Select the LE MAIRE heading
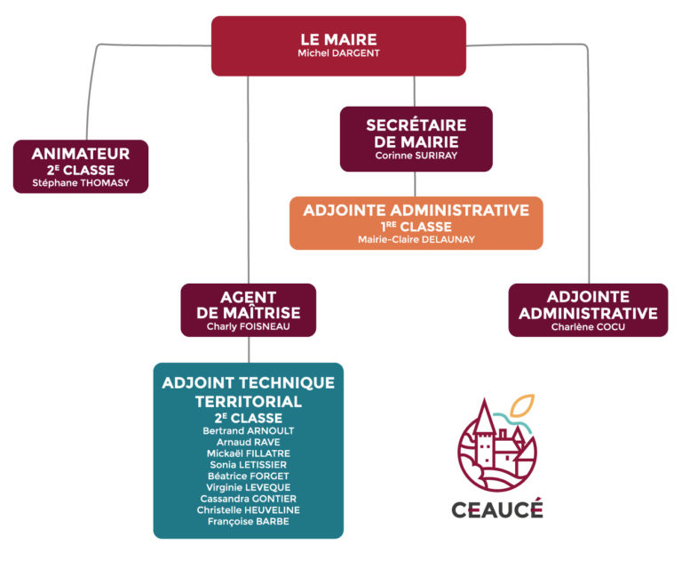(x=337, y=40)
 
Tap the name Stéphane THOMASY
(x=81, y=183)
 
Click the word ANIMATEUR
(x=81, y=153)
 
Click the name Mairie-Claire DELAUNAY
(x=416, y=240)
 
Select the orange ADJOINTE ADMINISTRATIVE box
(x=416, y=222)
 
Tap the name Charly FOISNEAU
(x=248, y=326)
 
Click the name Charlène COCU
(x=588, y=326)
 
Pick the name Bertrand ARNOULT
(x=249, y=430)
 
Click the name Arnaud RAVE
(x=249, y=442)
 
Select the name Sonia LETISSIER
(x=249, y=464)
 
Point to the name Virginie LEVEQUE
(x=249, y=487)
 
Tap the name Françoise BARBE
(x=249, y=521)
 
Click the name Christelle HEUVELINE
(x=249, y=509)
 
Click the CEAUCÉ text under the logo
(x=496, y=510)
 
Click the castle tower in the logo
(x=484, y=427)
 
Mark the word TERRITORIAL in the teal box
(x=249, y=401)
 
